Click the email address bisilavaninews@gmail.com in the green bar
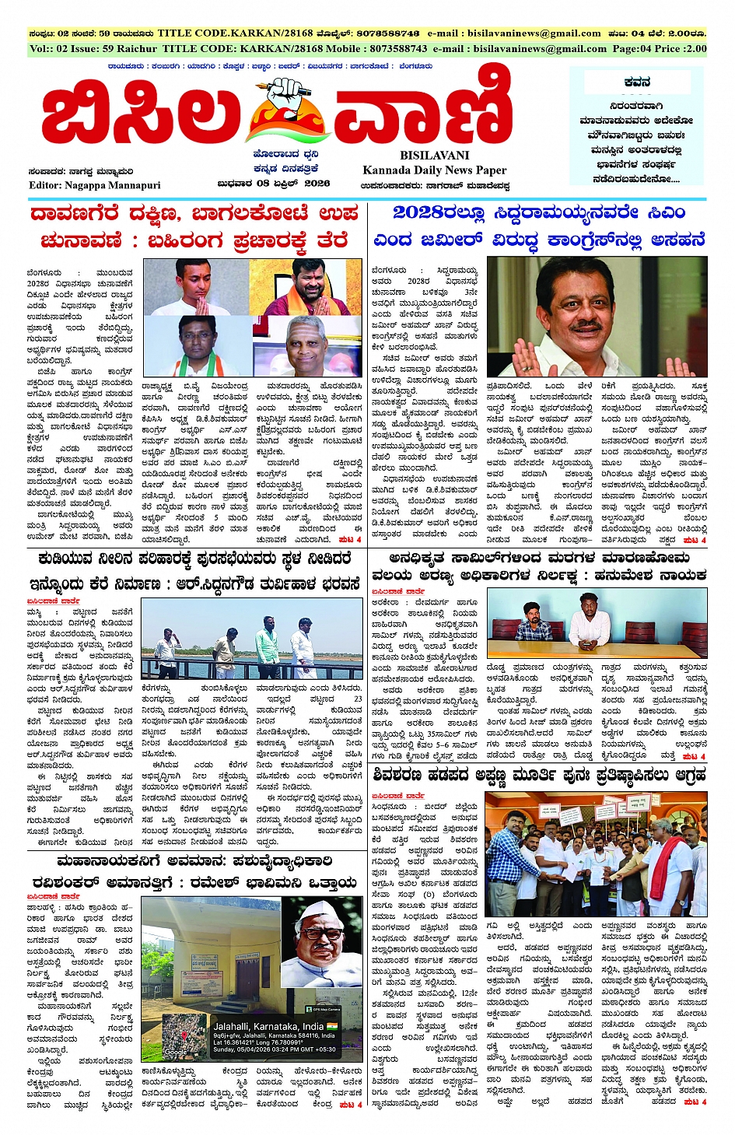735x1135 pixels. tap(540, 48)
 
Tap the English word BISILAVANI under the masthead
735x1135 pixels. tap(435, 155)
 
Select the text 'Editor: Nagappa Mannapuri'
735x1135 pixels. tap(95, 185)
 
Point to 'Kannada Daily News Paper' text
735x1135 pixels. tap(434, 170)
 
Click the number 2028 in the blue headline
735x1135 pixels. tap(423, 212)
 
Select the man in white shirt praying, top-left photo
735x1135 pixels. tap(205, 288)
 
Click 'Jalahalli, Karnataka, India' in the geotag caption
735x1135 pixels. tap(268, 1026)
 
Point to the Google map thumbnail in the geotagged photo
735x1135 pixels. tap(185, 1035)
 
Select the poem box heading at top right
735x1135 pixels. tap(638, 82)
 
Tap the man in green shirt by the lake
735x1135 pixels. tap(266, 647)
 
